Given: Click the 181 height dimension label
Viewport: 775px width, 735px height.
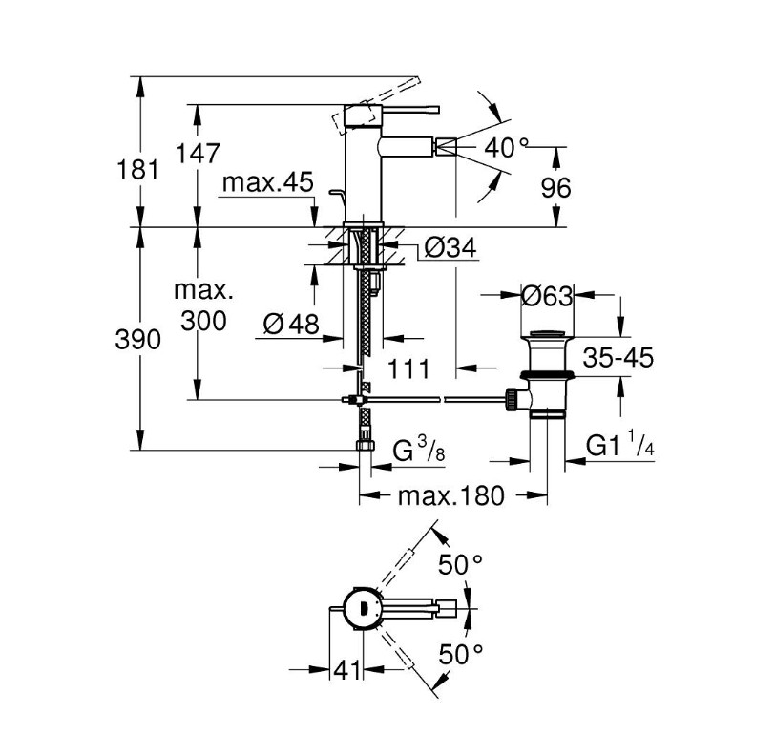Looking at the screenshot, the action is point(137,169).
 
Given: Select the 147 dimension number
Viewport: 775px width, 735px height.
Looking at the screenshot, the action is point(198,154).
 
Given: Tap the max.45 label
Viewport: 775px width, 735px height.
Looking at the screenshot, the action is point(268,182).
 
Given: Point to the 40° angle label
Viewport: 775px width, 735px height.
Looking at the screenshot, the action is point(506,147).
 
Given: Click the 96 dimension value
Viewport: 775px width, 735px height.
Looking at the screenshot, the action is point(555,188).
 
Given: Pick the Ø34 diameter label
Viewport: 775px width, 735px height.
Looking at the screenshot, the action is point(450,247).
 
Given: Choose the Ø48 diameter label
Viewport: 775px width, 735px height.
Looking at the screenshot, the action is point(291,325).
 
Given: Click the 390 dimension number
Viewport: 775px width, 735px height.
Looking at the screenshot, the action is point(137,340).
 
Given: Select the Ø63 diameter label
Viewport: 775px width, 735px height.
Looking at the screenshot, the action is point(547,297).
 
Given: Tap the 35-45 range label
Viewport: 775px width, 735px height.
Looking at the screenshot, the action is point(618,357).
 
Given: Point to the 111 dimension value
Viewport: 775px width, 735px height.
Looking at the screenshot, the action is point(408,368).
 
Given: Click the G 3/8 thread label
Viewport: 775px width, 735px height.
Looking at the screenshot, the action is point(419,451).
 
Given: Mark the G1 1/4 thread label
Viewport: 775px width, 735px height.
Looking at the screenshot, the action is point(620,445).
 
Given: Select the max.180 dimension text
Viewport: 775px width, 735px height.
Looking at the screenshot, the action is point(451,495).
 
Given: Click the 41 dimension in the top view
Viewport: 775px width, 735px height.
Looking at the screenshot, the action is point(346,670).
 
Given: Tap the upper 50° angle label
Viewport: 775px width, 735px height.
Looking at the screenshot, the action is point(460,565).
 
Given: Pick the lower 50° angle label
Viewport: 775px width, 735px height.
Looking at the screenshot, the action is point(460,655).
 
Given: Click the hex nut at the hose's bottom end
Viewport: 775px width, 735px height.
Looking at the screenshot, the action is point(366,445).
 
